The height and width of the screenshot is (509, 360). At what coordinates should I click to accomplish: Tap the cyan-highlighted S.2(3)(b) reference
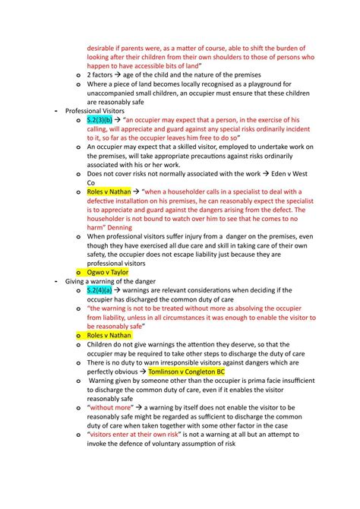[99, 119]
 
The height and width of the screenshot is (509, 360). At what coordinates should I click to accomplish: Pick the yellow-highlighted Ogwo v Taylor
[108, 270]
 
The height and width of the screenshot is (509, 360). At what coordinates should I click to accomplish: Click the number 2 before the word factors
[90, 74]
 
